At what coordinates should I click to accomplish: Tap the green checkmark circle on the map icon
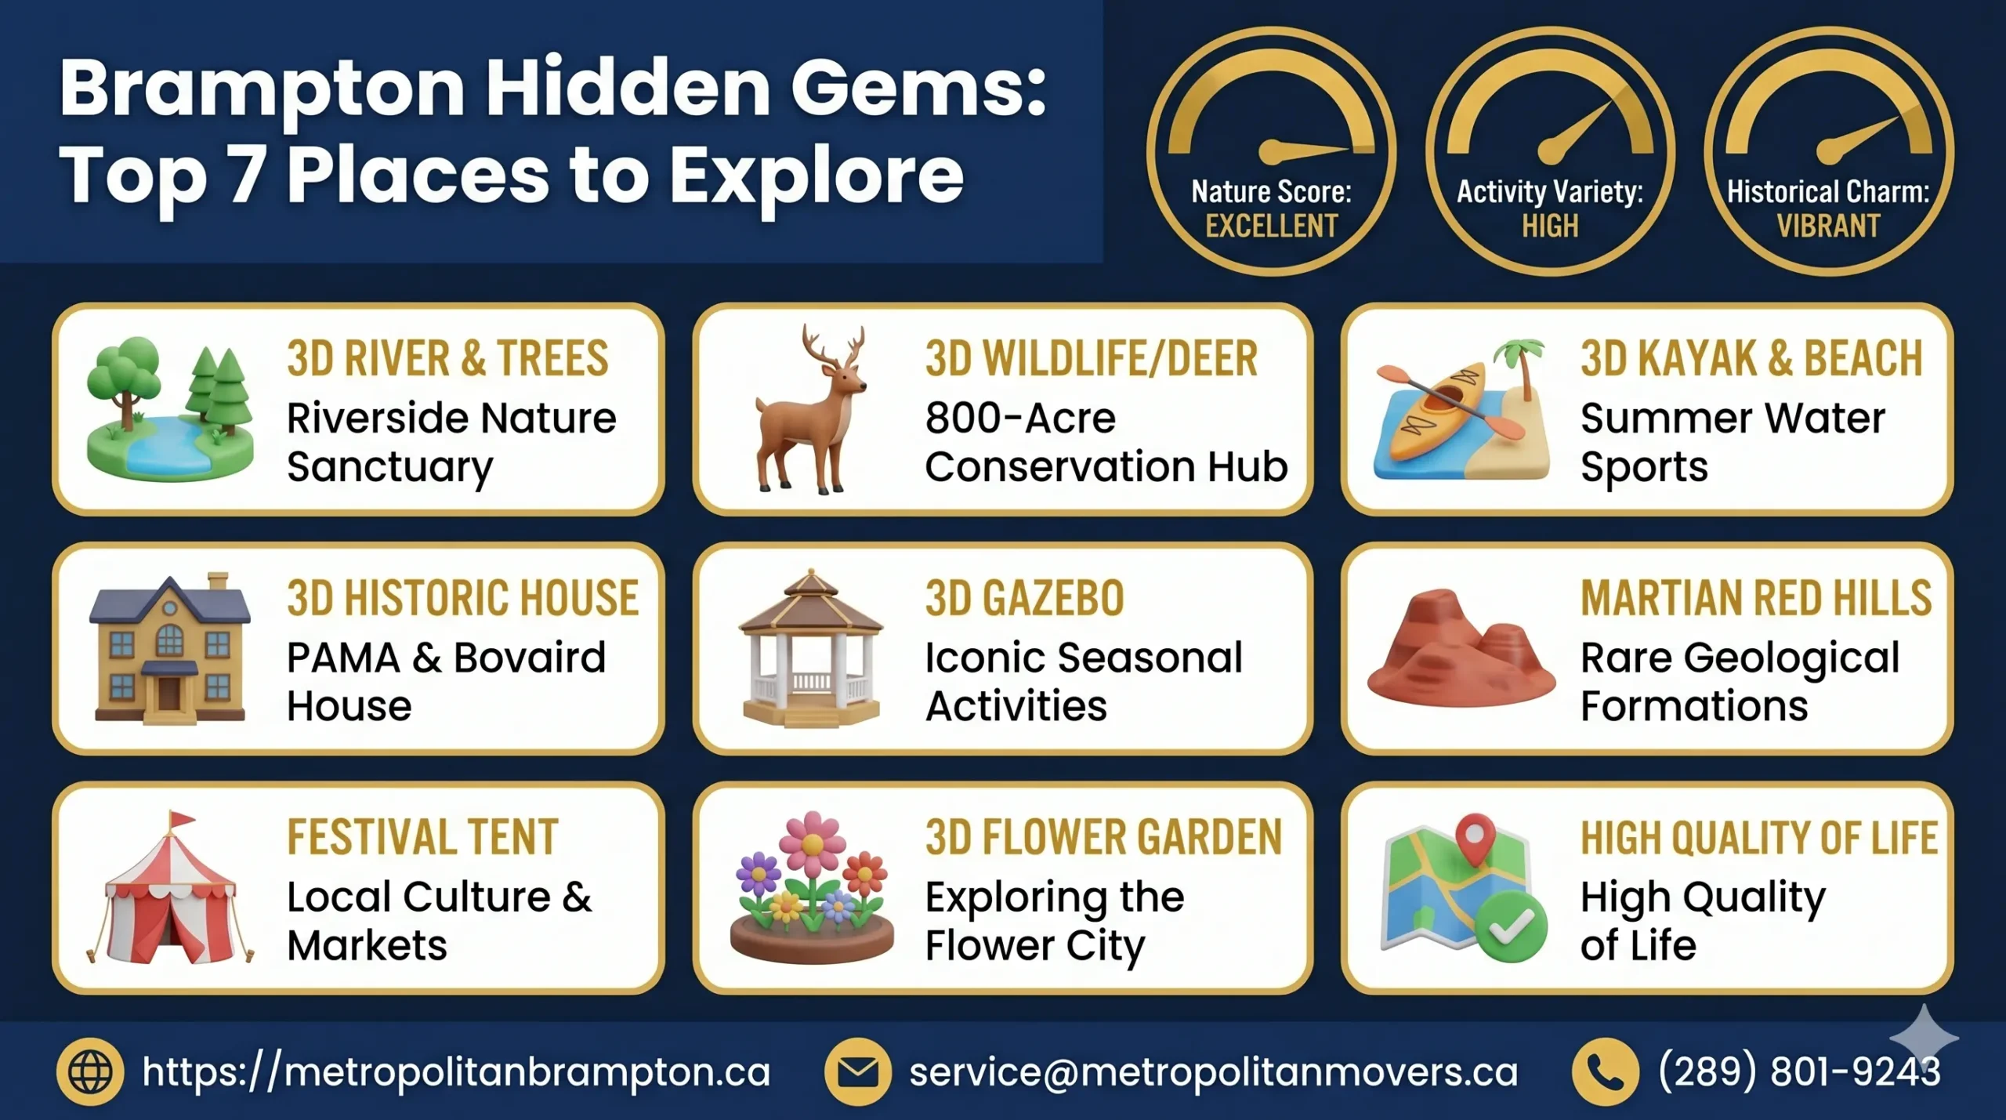[x=1511, y=926]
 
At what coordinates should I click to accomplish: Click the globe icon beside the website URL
[x=90, y=1071]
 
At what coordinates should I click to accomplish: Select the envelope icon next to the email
[x=857, y=1071]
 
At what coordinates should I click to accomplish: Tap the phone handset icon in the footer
[x=1605, y=1071]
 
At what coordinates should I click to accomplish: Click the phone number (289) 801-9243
[x=1799, y=1071]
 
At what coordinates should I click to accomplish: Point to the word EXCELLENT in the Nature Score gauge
[x=1271, y=227]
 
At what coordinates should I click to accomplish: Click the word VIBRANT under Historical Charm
[x=1828, y=227]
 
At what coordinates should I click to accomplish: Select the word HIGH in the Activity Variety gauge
[x=1550, y=227]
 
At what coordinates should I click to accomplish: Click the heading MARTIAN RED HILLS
[x=1756, y=599]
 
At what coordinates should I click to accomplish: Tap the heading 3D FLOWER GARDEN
[x=1103, y=838]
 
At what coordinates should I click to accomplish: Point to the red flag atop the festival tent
[x=183, y=820]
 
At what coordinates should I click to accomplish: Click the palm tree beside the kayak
[x=1520, y=368]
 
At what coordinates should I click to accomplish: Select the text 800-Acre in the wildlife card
[x=1019, y=418]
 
